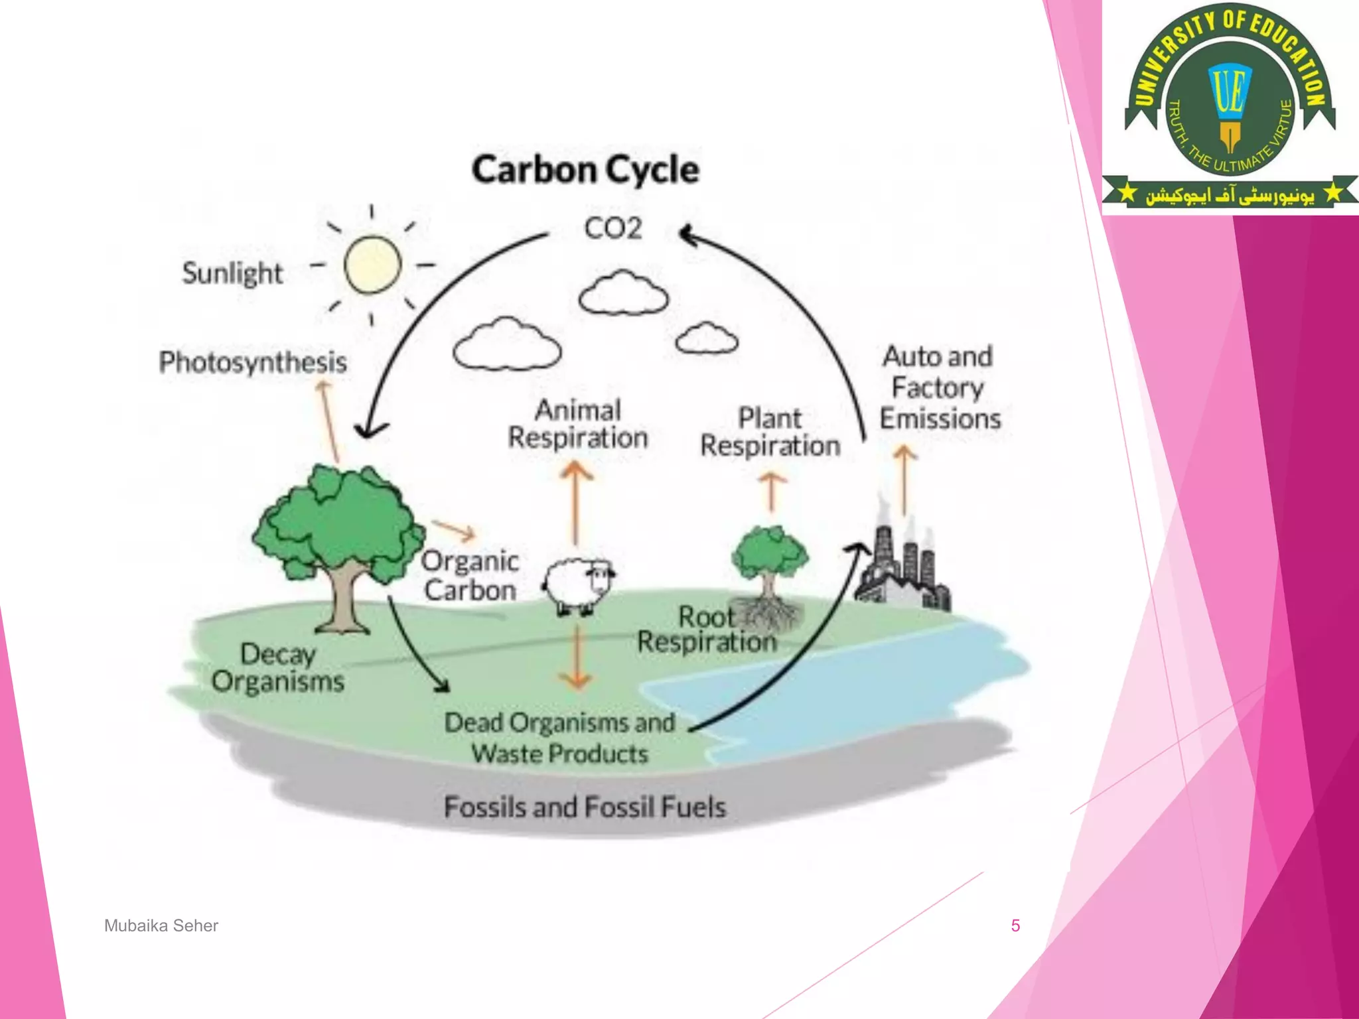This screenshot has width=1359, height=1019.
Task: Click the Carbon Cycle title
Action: (x=585, y=170)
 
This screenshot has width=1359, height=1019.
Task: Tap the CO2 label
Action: (x=612, y=229)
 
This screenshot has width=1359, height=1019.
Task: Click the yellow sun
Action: (x=372, y=265)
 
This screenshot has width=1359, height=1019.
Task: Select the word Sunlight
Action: (x=232, y=273)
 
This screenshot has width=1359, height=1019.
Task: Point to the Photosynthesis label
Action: (x=253, y=362)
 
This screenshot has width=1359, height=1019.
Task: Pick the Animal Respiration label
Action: (x=578, y=424)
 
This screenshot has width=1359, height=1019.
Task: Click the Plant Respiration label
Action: (x=770, y=432)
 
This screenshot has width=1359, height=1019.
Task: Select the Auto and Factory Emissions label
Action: (x=940, y=388)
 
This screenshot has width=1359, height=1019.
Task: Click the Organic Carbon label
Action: (x=470, y=575)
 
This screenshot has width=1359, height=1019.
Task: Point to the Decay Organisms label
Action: (x=278, y=668)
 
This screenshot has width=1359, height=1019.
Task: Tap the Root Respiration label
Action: (x=707, y=629)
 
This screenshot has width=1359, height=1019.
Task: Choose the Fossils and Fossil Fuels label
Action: (x=585, y=807)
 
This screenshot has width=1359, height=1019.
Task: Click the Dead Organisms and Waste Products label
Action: (x=559, y=738)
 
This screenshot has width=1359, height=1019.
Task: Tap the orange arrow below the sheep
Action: (x=576, y=657)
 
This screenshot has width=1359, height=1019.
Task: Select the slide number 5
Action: (x=1015, y=925)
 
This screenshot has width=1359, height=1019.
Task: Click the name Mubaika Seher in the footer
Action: (x=161, y=925)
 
